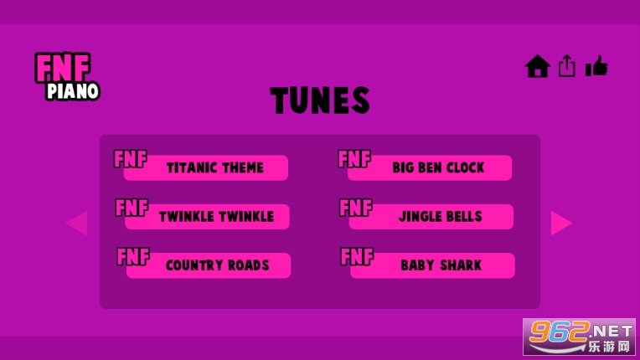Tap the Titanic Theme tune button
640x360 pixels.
tap(206, 167)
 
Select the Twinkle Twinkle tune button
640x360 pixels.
tap(207, 217)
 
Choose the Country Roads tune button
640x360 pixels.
tap(208, 265)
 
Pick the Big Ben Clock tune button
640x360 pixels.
tap(430, 167)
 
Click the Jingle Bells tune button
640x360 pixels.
tap(431, 217)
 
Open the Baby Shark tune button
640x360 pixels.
tap(432, 265)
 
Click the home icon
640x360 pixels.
tap(538, 66)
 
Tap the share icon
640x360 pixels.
tap(567, 65)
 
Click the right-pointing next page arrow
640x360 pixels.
tap(561, 223)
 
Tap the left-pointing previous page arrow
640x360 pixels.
tap(77, 223)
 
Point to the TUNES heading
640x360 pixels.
tap(320, 100)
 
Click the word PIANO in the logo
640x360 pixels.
tap(73, 91)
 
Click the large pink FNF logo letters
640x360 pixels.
tap(63, 68)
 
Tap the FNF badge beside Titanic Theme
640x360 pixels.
tap(130, 158)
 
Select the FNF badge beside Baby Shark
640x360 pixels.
tap(357, 256)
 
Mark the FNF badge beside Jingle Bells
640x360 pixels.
tap(356, 208)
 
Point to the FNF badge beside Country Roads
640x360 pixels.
tap(133, 256)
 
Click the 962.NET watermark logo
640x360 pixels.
tap(579, 337)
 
